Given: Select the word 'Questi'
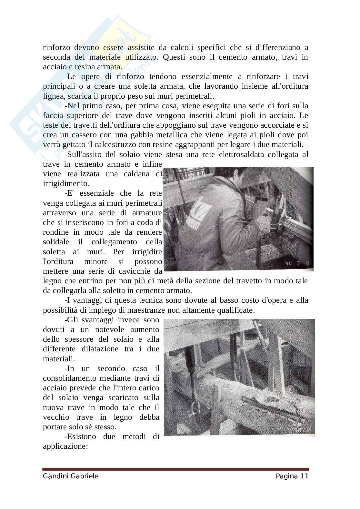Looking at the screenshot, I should click(174, 57).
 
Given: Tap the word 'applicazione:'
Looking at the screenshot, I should click(65, 446).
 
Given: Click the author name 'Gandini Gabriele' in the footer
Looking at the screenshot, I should click(70, 476).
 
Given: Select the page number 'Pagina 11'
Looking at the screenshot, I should click(292, 476).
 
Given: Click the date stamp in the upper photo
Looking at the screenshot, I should click(297, 263).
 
